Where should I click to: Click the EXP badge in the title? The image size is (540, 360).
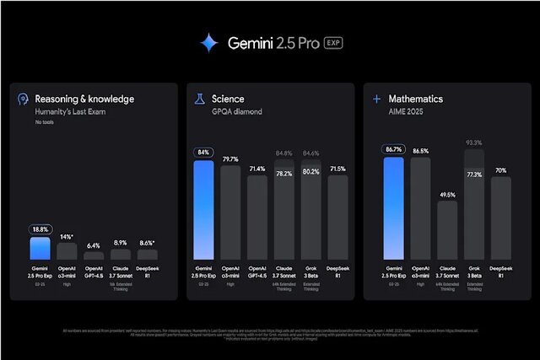click(333, 43)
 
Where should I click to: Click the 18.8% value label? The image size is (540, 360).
click(39, 228)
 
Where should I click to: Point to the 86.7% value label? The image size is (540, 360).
click(394, 148)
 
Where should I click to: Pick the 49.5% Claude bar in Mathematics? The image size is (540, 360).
click(447, 232)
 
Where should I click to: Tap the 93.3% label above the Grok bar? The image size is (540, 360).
click(474, 142)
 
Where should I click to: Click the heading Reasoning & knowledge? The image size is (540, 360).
click(84, 99)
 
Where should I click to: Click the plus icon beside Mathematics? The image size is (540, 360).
click(376, 99)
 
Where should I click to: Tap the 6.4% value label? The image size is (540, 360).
click(94, 245)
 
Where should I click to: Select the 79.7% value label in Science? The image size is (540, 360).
click(230, 158)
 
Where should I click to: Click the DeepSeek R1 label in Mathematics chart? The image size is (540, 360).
click(501, 271)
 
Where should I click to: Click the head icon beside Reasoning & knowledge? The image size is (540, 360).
click(24, 99)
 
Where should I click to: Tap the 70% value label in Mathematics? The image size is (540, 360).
click(501, 169)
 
